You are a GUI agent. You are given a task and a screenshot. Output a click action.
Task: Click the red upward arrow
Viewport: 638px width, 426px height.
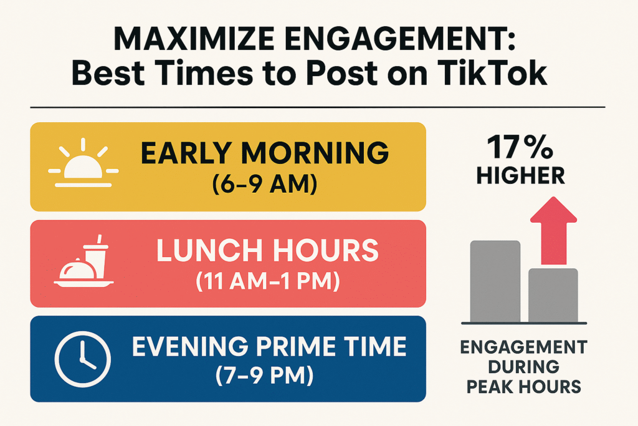click(553, 230)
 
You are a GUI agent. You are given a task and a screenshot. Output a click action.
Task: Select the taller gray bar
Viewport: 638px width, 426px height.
click(495, 281)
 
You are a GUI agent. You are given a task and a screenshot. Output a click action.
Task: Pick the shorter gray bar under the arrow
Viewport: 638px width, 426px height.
click(553, 294)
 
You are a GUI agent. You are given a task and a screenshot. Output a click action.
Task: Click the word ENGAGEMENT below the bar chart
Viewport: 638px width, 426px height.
click(521, 347)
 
